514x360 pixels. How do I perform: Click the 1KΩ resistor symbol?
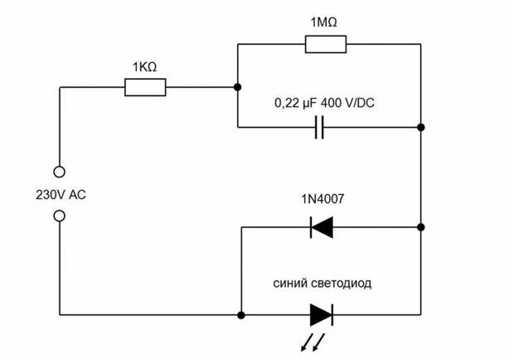(145, 87)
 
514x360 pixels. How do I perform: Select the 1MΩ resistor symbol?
(326, 44)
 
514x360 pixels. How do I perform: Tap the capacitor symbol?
(320, 128)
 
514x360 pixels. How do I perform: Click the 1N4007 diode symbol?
(321, 226)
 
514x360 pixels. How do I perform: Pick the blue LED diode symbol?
(321, 314)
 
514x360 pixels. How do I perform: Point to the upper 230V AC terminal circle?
(59, 173)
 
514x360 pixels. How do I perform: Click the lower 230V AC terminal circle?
(59, 216)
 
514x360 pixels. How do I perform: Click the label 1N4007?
(322, 201)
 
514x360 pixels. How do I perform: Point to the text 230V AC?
(61, 195)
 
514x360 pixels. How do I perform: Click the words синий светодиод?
(322, 283)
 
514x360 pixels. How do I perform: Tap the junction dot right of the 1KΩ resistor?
(238, 87)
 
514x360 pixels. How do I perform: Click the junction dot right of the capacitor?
(421, 128)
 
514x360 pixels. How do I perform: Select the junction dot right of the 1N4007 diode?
(421, 226)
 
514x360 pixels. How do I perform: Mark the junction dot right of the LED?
(421, 314)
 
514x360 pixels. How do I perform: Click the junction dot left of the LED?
(240, 314)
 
